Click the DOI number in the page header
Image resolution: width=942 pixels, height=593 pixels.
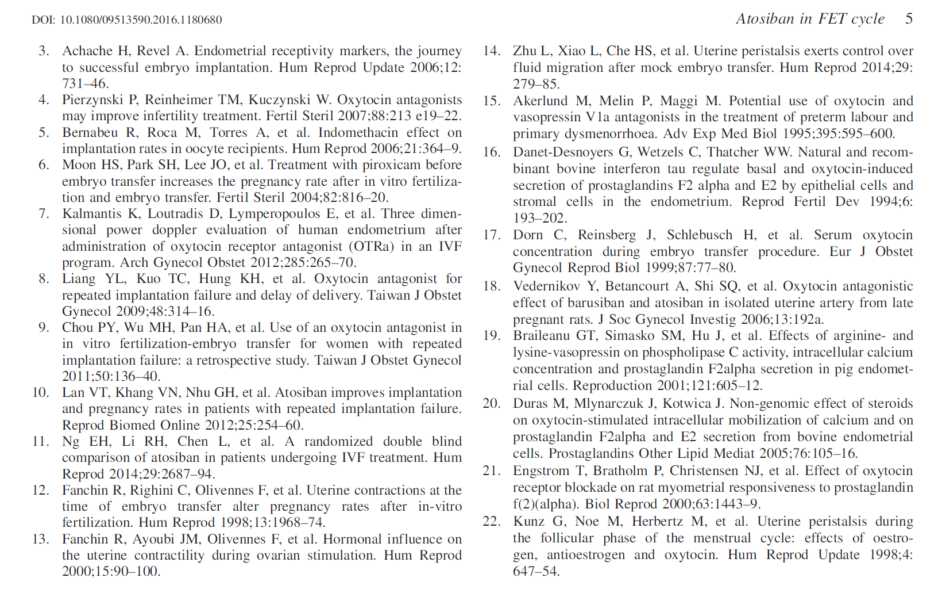[x=141, y=20]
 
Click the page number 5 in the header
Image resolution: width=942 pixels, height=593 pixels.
[x=909, y=18]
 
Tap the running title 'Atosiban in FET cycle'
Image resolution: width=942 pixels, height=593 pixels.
[x=810, y=18]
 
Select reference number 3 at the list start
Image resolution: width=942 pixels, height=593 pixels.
[x=44, y=51]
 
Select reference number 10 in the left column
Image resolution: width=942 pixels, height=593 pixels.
[x=40, y=392]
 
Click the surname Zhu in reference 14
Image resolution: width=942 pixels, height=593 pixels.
[x=524, y=51]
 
